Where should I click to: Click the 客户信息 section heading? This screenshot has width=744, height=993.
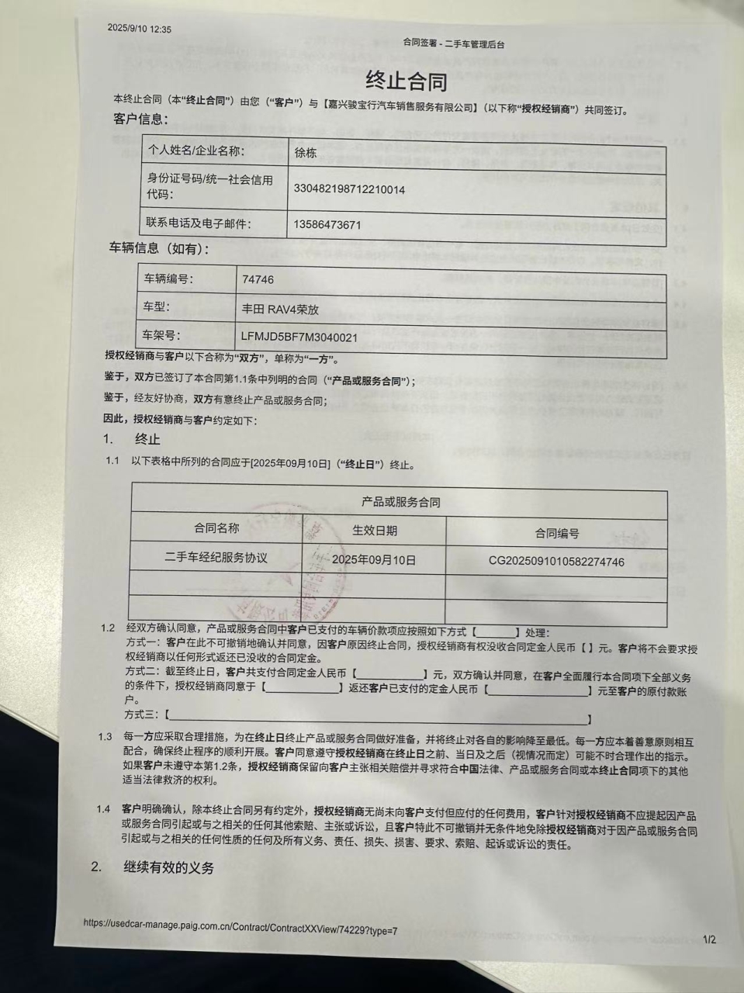[x=140, y=119]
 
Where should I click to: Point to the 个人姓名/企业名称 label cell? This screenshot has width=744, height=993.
[x=196, y=151]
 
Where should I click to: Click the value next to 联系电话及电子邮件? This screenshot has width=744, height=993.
[x=327, y=225]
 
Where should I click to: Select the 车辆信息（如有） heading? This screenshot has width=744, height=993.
[x=158, y=249]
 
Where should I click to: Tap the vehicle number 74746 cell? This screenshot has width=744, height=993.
[x=258, y=279]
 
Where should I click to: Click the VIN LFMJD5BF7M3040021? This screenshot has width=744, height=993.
[x=299, y=337]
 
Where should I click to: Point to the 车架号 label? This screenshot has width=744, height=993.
[x=161, y=335]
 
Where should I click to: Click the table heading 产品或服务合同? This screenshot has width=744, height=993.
[x=400, y=502]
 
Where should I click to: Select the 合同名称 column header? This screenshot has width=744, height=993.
[x=216, y=528]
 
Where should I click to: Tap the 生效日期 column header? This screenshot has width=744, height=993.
[x=375, y=531]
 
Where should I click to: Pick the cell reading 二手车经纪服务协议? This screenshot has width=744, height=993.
[x=216, y=558]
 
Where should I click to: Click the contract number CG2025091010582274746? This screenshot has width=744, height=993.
[x=556, y=562]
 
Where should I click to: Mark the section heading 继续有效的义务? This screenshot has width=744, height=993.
[x=168, y=868]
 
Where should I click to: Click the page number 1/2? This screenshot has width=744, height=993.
[x=709, y=940]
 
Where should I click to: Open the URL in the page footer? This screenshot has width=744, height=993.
[x=241, y=926]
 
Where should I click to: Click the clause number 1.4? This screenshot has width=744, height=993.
[x=104, y=809]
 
